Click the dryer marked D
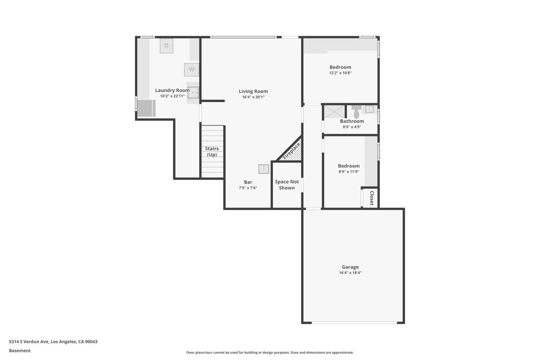coord(166,46)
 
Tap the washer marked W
coord(191,70)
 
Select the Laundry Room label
coord(172,90)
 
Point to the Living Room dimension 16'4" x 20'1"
coord(253,97)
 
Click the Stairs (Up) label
coord(212,151)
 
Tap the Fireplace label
coord(291,151)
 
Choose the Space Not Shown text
coord(287,184)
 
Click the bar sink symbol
coord(264,169)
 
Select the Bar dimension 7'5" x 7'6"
coord(248,188)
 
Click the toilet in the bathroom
coord(356,112)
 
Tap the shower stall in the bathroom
coord(334,112)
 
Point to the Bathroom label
coord(352,121)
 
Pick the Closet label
coord(372,198)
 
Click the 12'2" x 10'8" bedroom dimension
coord(340,73)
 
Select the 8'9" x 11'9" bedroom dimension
coord(349,172)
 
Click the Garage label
coord(350,267)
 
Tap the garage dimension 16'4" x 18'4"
coord(350,273)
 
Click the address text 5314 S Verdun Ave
coord(29,342)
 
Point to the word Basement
coord(20,351)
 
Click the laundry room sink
coord(193,93)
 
